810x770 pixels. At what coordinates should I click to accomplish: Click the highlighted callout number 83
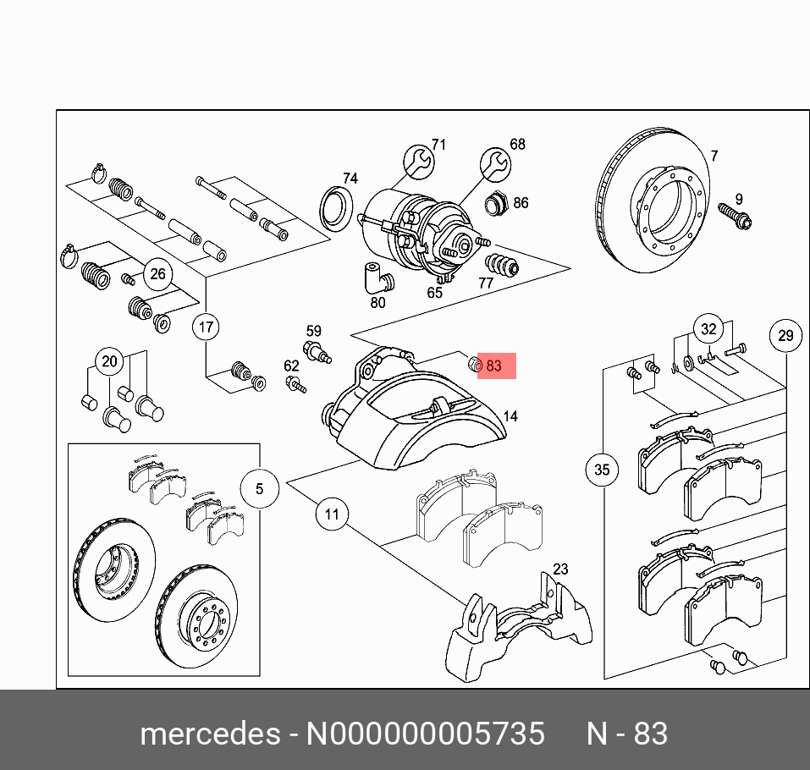click(494, 366)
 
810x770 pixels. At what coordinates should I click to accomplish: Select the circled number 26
click(157, 273)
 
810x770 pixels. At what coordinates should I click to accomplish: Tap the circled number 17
click(206, 327)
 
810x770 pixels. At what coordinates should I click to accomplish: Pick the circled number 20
click(109, 362)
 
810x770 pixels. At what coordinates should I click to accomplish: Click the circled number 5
click(259, 488)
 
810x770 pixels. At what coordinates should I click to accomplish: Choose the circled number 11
click(332, 514)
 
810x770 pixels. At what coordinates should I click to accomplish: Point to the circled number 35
click(602, 470)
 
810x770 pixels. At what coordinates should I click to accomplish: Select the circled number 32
click(708, 330)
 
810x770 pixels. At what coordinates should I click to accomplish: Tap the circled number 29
click(785, 336)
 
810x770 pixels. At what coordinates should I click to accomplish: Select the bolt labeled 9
click(735, 216)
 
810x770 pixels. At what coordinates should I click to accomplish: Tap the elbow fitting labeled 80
click(373, 277)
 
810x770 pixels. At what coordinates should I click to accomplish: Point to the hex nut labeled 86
click(495, 204)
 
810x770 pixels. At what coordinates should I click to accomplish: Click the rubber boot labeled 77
click(506, 264)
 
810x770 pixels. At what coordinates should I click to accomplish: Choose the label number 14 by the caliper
click(510, 416)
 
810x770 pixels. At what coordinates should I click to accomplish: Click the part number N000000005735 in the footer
click(425, 734)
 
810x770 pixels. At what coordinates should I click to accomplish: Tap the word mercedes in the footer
click(209, 734)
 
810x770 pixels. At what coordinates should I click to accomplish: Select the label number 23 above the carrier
click(560, 569)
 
